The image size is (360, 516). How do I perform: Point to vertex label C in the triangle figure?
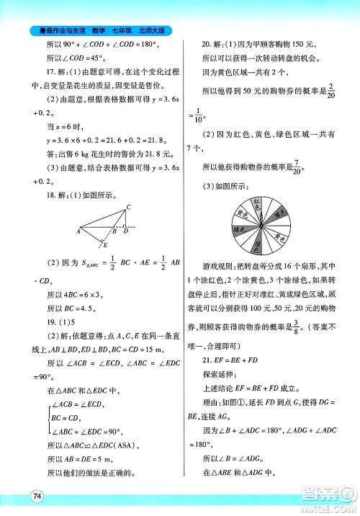coord(128,208)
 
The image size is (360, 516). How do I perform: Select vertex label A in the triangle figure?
coord(78,232)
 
